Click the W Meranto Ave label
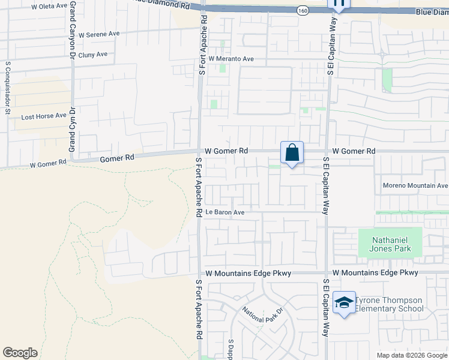pos(232,59)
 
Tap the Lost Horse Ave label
pos(44,116)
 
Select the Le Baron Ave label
pos(224,212)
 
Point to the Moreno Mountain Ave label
pos(415,185)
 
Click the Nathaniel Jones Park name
pos(390,242)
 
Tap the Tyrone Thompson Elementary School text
pos(389,304)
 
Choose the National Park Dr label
pos(262,315)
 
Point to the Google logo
pos(20,353)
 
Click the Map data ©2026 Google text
pos(412,355)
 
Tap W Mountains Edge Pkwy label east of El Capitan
pos(375,272)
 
